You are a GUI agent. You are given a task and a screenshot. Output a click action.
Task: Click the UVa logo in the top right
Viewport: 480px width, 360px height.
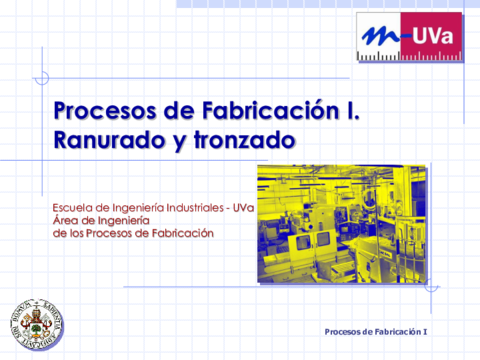click(x=409, y=37)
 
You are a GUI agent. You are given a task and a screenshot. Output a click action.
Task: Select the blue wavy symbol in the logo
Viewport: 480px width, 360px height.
click(x=381, y=35)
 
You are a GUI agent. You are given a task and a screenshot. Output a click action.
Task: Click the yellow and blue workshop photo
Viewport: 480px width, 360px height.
click(x=341, y=223)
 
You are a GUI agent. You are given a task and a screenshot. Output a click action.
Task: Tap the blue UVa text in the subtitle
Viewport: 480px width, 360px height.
click(x=243, y=208)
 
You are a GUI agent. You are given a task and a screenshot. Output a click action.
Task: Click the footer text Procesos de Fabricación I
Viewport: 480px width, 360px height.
click(x=376, y=331)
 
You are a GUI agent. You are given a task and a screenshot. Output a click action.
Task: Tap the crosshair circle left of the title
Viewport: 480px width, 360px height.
click(x=41, y=78)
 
